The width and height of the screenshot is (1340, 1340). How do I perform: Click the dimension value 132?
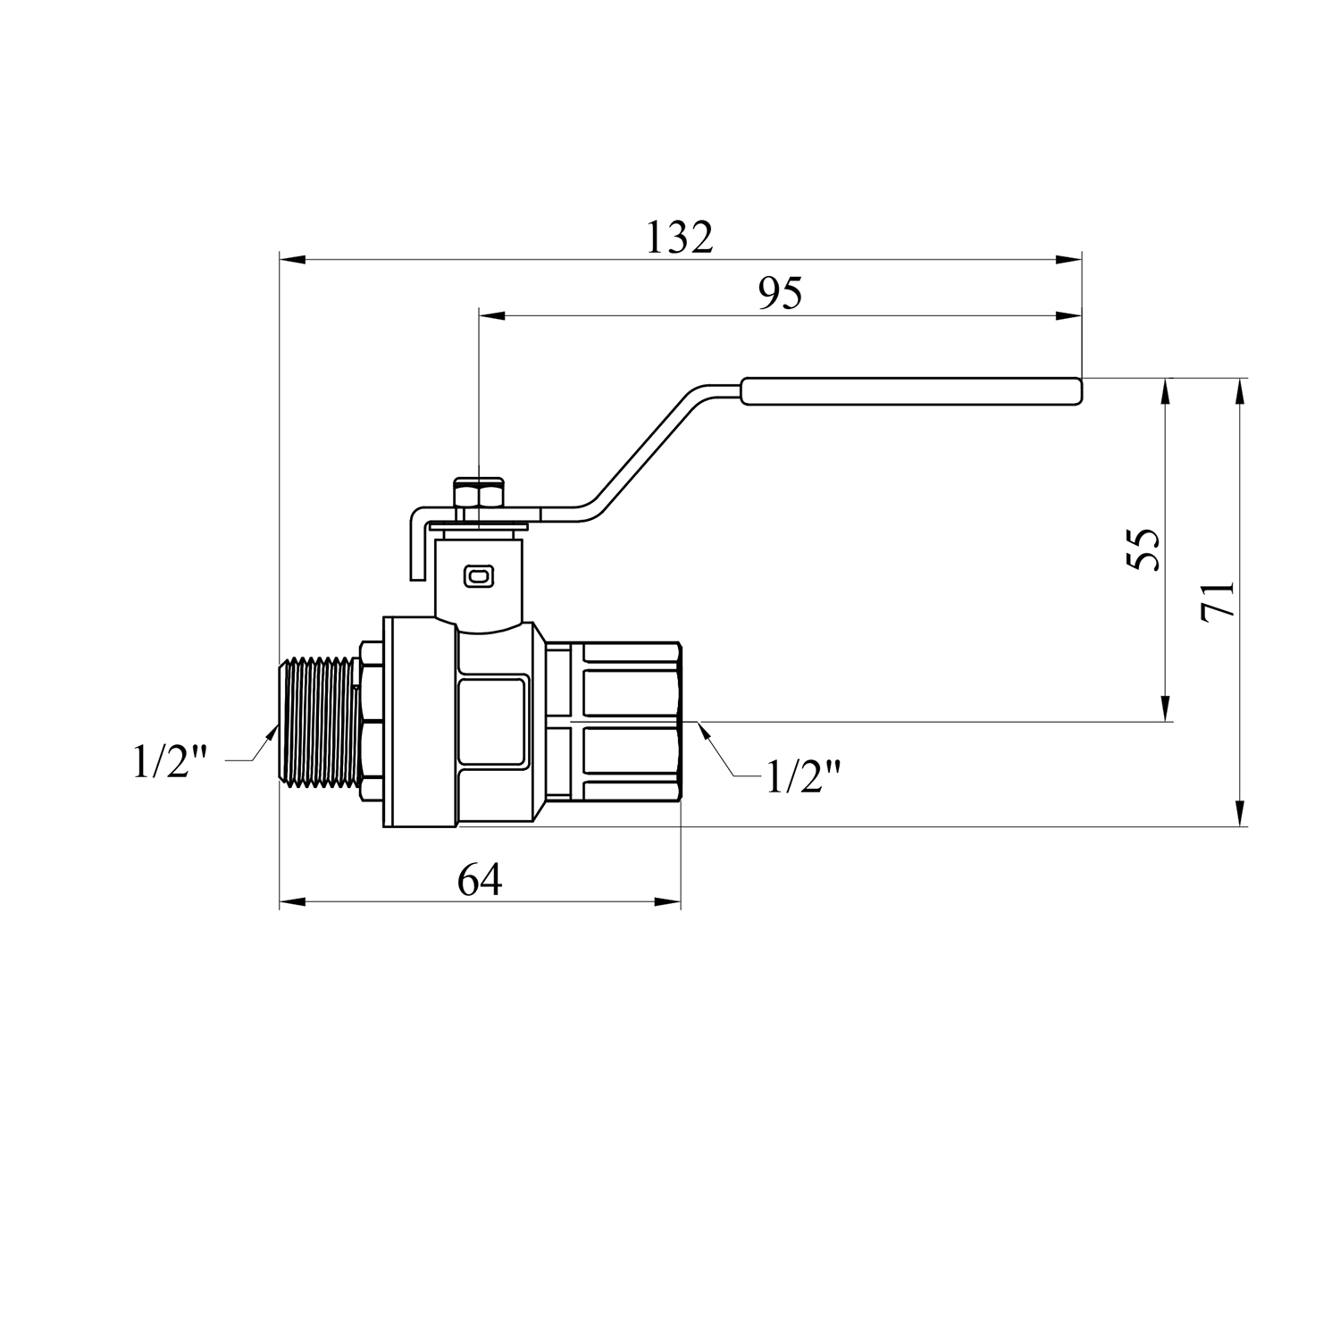point(680,238)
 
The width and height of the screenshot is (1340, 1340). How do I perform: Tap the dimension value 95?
point(780,293)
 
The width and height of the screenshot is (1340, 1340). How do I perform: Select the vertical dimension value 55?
point(1143,549)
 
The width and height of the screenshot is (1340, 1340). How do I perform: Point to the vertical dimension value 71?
point(1217,599)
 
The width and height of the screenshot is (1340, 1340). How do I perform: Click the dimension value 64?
point(480,880)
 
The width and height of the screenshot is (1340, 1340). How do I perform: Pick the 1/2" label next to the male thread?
point(171,761)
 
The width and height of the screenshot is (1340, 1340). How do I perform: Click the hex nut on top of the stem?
point(479,494)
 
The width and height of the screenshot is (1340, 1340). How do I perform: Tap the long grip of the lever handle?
point(911,390)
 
